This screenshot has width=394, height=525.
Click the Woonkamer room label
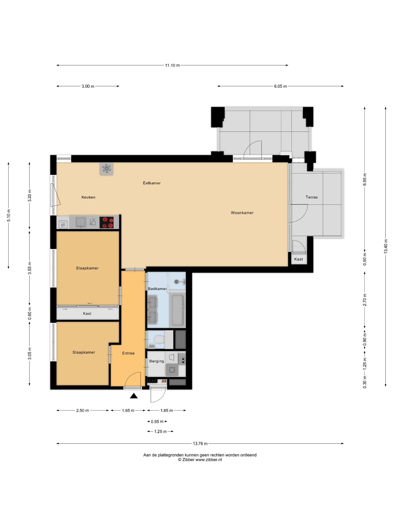click(242, 213)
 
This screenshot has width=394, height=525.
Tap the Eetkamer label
click(152, 183)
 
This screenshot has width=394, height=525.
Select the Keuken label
click(88, 197)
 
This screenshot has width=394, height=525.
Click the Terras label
click(312, 197)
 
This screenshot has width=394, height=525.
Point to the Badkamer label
click(157, 289)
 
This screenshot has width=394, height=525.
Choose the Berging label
click(156, 361)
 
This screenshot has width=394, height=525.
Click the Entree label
click(128, 353)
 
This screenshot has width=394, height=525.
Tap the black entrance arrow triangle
click(134, 396)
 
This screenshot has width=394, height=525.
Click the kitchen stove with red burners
click(106, 223)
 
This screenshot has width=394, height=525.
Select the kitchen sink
click(81, 222)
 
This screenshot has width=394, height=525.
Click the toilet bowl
click(159, 340)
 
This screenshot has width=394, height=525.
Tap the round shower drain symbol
click(176, 281)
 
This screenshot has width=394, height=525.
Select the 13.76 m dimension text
click(200, 443)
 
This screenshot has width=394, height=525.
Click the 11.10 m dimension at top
click(172, 65)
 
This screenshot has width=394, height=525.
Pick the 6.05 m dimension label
click(280, 86)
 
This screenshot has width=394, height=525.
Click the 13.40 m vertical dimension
click(386, 246)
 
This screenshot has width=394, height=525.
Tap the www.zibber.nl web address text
click(209, 460)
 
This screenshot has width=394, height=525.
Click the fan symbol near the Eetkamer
click(106, 168)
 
